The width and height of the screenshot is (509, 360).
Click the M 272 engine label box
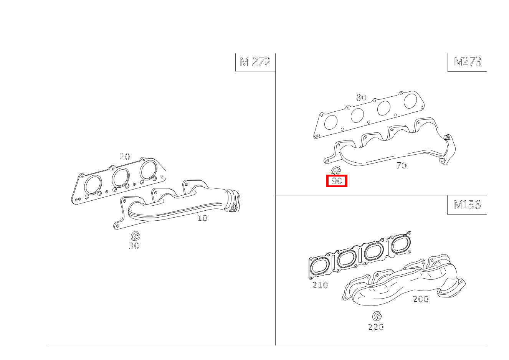click(255, 62)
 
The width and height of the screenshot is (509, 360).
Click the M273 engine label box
click(467, 62)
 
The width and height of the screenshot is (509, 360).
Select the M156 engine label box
click(467, 205)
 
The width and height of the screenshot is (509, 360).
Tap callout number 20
click(125, 157)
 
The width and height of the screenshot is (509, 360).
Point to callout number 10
click(202, 218)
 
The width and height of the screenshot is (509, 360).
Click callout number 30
click(134, 246)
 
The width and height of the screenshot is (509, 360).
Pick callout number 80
click(361, 97)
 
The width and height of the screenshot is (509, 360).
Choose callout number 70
click(401, 166)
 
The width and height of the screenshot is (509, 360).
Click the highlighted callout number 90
click(337, 181)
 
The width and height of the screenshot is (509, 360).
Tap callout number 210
click(320, 285)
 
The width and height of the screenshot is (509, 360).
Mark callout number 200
click(420, 299)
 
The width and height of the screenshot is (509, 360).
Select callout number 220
click(376, 327)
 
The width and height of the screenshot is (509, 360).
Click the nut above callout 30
click(135, 236)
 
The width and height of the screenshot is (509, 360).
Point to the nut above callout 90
click(336, 170)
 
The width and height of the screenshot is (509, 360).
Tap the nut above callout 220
click(377, 316)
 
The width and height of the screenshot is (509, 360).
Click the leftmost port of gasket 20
click(93, 185)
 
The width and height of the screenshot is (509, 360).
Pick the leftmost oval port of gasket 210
click(320, 266)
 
